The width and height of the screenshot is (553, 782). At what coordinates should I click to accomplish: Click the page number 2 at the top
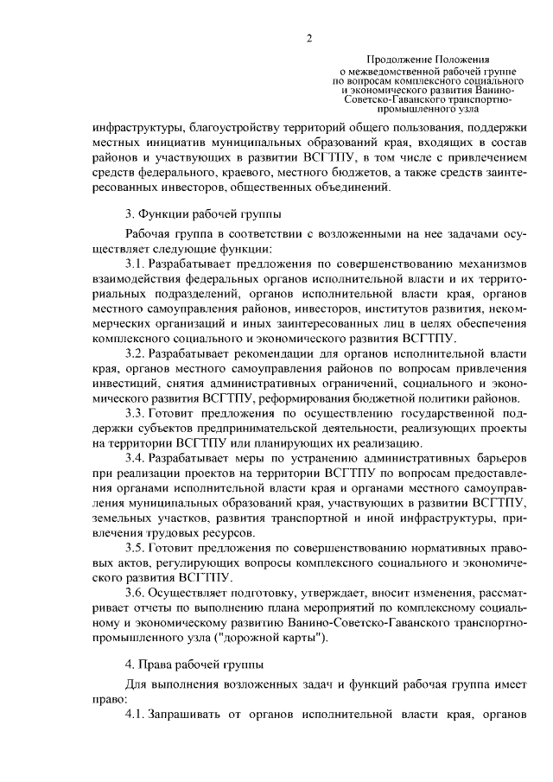click(x=308, y=37)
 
